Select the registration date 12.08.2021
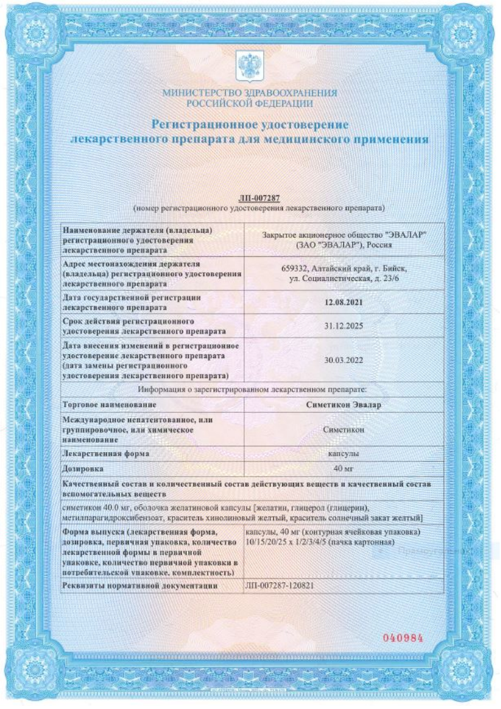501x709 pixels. point(344,302)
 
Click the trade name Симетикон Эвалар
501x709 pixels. point(344,403)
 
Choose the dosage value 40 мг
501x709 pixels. point(344,469)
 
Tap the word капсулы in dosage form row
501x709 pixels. point(344,453)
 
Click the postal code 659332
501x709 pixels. point(295,267)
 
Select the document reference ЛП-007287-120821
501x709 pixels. point(279,585)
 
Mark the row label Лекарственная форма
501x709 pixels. point(105,453)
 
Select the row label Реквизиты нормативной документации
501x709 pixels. point(139,586)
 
